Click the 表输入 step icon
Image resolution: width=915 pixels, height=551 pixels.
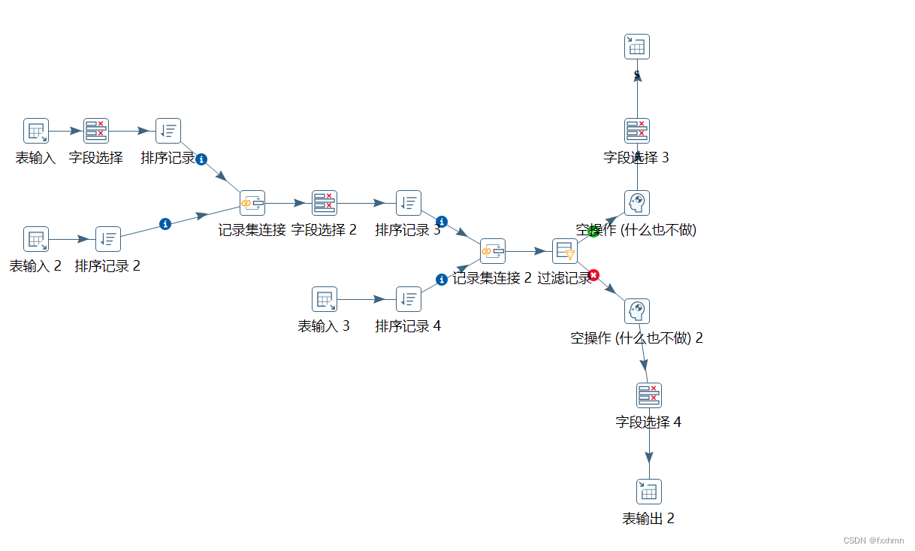36,131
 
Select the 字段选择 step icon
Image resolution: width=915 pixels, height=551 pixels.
96,131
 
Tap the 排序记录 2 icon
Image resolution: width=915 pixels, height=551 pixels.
108,239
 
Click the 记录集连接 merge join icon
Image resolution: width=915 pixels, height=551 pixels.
252,203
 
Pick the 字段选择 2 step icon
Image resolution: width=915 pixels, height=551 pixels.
325,203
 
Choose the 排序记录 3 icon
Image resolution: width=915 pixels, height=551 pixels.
409,203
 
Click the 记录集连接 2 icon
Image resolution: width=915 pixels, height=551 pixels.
493,251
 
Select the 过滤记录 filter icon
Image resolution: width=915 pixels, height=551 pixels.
565,251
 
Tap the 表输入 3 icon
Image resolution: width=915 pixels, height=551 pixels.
325,299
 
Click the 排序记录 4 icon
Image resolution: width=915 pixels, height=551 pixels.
409,299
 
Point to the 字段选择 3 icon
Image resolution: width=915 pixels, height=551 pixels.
637,131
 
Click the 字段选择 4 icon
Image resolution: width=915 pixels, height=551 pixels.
649,395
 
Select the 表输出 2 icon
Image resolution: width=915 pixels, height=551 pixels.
649,492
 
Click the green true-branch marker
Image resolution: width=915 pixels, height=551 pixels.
593,232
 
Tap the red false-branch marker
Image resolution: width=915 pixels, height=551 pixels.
593,275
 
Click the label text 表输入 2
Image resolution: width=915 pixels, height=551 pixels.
35,266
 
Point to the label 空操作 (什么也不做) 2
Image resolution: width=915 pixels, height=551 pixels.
637,338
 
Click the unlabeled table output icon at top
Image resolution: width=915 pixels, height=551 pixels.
637,47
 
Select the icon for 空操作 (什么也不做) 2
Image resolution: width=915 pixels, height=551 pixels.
637,311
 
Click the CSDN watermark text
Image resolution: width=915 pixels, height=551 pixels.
874,540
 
